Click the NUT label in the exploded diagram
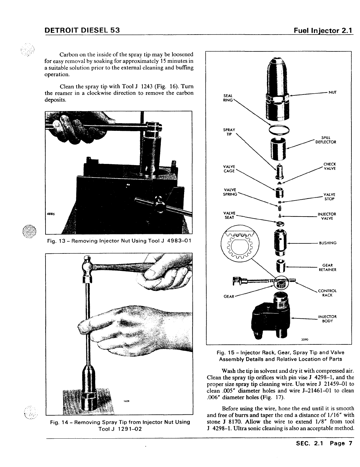click(x=333, y=92)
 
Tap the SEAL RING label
click(x=228, y=98)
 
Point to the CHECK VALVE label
click(x=330, y=166)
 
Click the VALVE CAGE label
click(x=229, y=169)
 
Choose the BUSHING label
click(x=328, y=243)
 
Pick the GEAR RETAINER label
click(x=327, y=268)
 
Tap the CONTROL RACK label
click(x=327, y=293)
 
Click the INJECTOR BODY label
click(x=327, y=319)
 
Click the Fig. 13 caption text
click(x=119, y=241)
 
